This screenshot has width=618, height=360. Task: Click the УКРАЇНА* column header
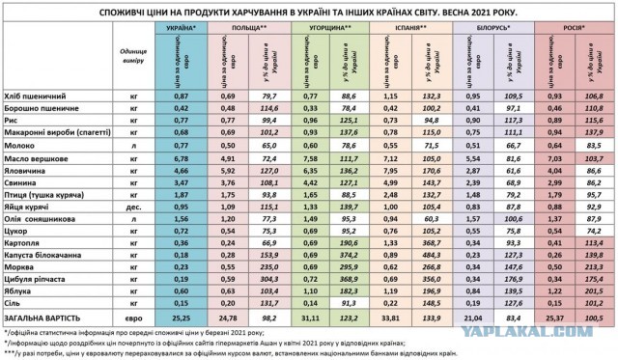pyautogui.click(x=182, y=30)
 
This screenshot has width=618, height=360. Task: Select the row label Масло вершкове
pyautogui.click(x=43, y=154)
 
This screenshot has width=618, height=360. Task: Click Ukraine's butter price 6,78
pyautogui.click(x=181, y=154)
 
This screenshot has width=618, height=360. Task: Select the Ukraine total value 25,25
pyautogui.click(x=181, y=315)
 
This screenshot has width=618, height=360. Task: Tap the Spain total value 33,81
pyautogui.click(x=388, y=315)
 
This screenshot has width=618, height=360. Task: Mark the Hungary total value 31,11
pyautogui.click(x=311, y=315)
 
